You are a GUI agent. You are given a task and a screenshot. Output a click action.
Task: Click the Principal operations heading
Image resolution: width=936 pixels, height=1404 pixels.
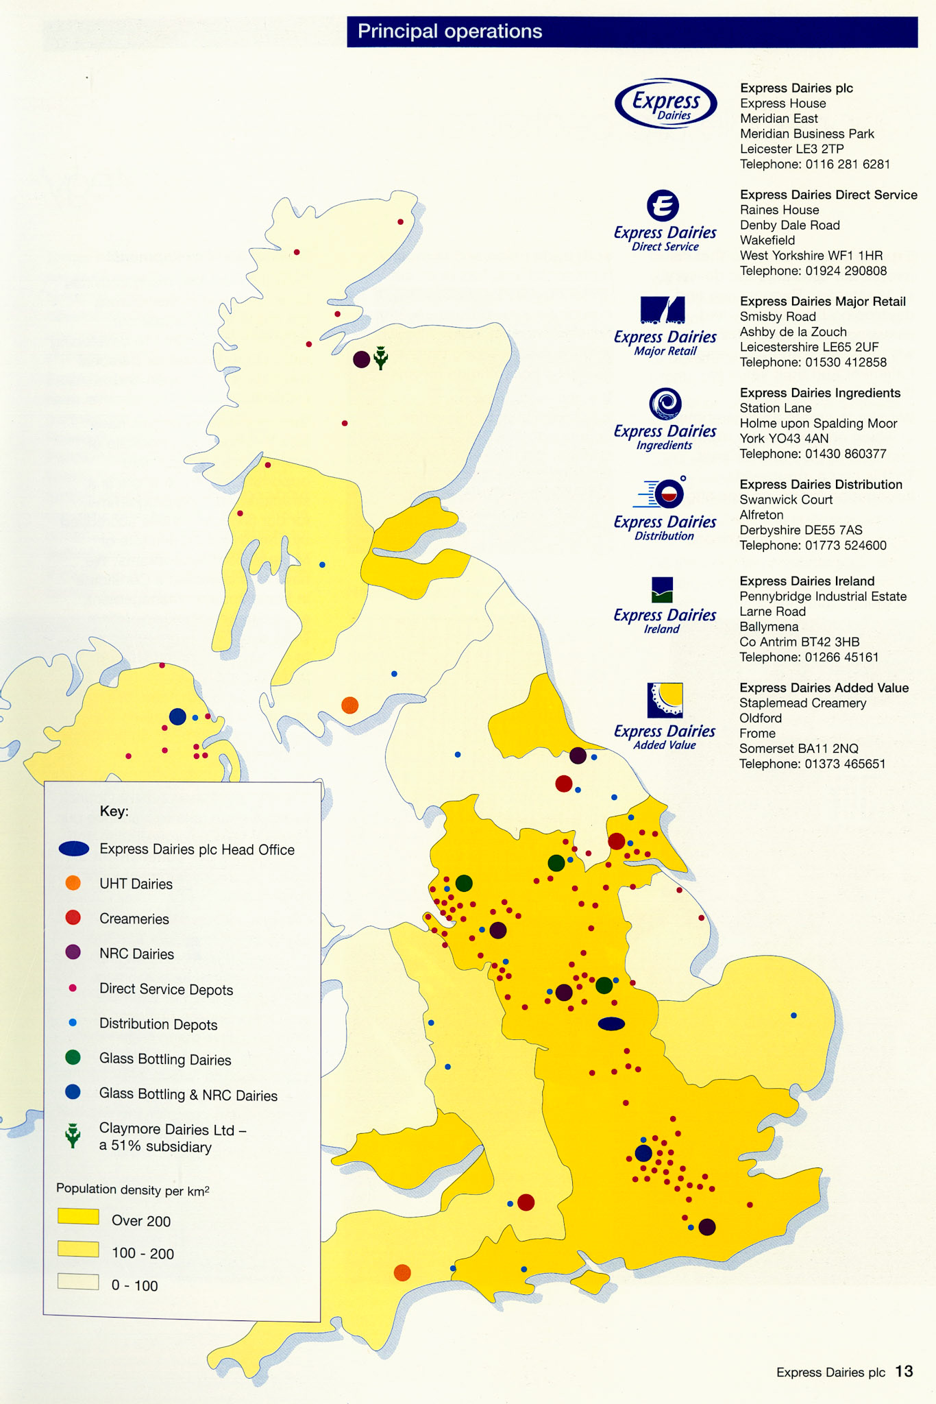(x=449, y=32)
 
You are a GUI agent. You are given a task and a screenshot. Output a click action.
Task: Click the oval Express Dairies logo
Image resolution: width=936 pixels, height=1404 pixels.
(x=665, y=104)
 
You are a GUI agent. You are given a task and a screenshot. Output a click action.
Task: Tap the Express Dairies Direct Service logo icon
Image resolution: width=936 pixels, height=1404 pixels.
(x=663, y=205)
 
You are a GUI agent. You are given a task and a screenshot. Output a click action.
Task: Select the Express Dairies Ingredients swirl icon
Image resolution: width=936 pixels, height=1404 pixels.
(x=665, y=403)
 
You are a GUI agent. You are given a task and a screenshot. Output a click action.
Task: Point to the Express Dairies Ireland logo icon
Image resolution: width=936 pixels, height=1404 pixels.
(x=662, y=590)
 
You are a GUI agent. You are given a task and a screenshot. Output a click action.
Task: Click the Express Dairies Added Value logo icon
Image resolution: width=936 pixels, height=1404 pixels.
(x=665, y=700)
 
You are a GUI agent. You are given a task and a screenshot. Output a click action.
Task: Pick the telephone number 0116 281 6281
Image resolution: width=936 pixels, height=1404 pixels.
(x=848, y=165)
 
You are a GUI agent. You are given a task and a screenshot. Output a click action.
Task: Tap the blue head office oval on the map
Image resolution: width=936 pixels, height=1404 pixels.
(x=611, y=1024)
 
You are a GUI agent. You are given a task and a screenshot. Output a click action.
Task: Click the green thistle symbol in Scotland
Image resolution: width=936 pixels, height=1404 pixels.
(x=380, y=357)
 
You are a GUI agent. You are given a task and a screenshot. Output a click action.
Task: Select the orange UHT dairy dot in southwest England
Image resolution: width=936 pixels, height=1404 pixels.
(x=402, y=1273)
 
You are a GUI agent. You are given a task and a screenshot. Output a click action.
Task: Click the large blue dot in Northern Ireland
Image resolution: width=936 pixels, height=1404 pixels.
(x=177, y=717)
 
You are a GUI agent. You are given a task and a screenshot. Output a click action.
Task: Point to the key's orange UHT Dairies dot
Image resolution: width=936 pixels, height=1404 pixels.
(x=73, y=883)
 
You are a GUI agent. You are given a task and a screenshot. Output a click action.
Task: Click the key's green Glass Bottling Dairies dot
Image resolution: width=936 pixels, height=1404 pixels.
(x=73, y=1058)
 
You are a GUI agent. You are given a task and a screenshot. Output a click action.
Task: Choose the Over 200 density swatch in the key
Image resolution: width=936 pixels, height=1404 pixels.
(x=78, y=1216)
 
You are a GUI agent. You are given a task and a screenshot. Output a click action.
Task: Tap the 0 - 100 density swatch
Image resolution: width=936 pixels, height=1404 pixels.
(x=78, y=1281)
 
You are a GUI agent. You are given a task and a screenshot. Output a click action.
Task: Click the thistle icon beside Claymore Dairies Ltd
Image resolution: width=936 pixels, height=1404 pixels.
(x=73, y=1136)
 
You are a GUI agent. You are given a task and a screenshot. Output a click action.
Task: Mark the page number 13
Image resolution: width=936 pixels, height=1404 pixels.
(x=904, y=1371)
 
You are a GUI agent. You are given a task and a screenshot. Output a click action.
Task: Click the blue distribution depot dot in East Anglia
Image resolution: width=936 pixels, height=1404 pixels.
(x=793, y=1015)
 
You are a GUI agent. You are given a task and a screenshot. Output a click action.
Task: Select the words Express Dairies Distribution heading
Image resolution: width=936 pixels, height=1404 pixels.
(x=821, y=485)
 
